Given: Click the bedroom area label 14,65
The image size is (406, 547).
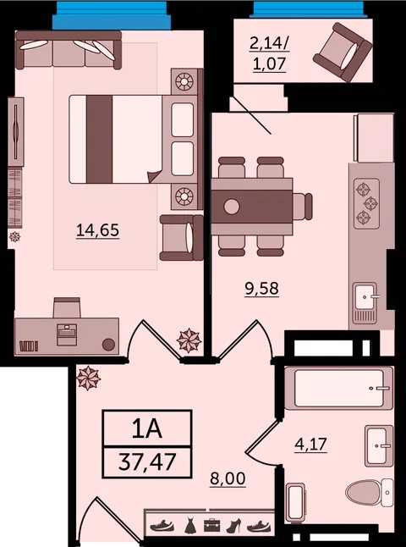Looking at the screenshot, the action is [97, 230].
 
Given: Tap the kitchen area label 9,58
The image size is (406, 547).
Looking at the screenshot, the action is [261, 289].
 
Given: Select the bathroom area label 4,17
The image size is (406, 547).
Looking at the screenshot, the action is [310, 445].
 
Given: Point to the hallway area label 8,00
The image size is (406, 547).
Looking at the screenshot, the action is [228, 478].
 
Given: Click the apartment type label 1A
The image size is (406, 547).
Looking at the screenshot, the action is [147, 429].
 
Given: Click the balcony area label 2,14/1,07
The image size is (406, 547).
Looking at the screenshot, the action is [270, 54].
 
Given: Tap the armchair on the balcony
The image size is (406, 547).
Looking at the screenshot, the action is [343, 52].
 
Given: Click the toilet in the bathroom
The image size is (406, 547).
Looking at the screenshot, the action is [369, 492].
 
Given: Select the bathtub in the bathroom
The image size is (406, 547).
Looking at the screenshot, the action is [339, 388].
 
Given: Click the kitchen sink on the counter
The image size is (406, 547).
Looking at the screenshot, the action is [365, 302].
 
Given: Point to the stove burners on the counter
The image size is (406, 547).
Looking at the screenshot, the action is [366, 203].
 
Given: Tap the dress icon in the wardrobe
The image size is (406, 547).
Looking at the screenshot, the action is [190, 525].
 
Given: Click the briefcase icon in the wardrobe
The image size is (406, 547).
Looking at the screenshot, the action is [212, 525].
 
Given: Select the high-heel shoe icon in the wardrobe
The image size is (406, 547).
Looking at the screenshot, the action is [233, 525].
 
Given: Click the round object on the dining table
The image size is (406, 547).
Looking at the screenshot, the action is [232, 207].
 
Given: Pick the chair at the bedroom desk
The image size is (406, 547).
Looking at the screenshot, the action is [67, 307].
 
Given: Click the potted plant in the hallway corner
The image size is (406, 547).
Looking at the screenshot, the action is [88, 378].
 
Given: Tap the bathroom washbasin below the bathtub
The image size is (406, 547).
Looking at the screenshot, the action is [379, 446].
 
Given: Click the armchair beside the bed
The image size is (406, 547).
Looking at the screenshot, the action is [182, 238].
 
